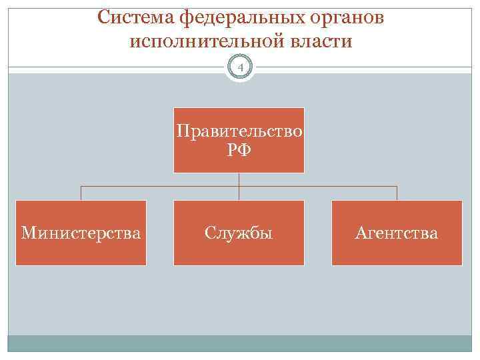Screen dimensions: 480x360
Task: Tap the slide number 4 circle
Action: (x=240, y=67)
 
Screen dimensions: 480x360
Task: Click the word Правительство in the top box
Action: (x=239, y=131)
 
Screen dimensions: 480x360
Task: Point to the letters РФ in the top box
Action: (x=239, y=150)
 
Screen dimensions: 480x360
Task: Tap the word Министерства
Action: (x=81, y=233)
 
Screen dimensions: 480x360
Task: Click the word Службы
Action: (x=239, y=233)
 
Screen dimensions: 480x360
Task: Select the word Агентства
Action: (x=397, y=233)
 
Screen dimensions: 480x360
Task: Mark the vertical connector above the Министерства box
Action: (x=81, y=193)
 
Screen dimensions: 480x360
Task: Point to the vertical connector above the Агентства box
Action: (x=397, y=193)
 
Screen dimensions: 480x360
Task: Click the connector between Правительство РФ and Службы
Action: (x=239, y=187)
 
